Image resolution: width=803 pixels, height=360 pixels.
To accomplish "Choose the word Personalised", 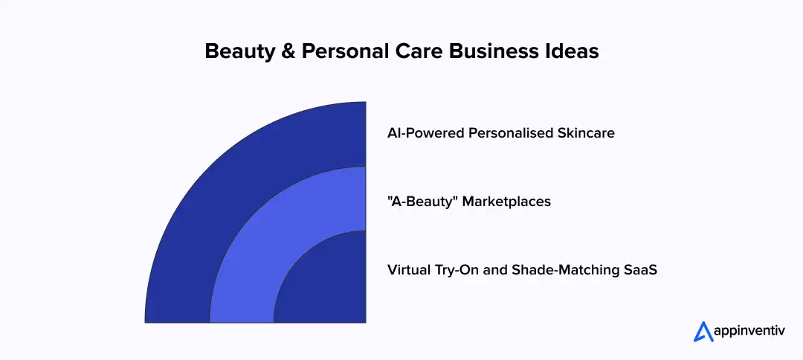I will click(x=513, y=134).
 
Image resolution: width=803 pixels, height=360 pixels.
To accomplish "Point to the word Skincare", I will click(x=587, y=134).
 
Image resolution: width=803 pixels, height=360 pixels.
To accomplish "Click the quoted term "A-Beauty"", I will click(x=422, y=202).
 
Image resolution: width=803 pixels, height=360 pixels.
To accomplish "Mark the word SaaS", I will click(x=639, y=270).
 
